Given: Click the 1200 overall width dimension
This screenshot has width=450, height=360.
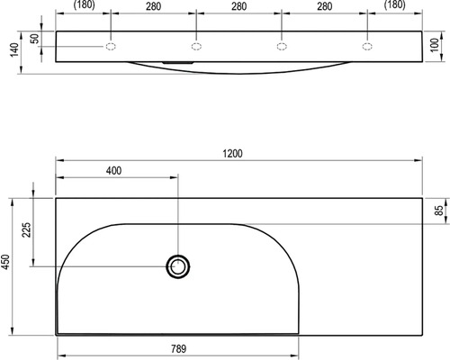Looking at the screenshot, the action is point(232,154).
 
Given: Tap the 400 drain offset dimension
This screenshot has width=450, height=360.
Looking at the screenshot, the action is point(114,171).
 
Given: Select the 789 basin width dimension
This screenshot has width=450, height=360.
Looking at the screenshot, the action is point(179,349).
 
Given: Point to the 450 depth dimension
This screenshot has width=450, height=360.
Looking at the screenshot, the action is point(6,262).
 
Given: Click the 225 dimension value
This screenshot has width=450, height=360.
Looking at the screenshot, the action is point(27,229).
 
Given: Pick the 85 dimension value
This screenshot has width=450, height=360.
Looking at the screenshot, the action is point(439,211).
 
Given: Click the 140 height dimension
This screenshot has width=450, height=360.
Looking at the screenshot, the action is point(14,49).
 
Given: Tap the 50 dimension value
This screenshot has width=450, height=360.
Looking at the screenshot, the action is point(35,39).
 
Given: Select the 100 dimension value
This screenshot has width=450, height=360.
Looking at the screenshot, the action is point(435,45).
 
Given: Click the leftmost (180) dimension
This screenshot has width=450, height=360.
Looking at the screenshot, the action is point(85,5).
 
